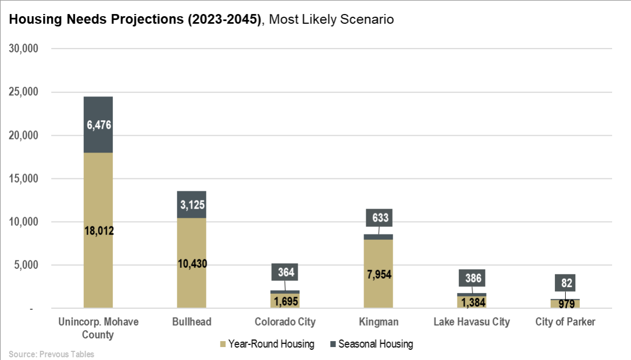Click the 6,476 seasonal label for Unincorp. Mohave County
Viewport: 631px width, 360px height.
tap(98, 125)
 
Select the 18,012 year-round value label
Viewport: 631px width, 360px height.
tap(99, 231)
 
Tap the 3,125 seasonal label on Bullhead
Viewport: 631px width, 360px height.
tap(191, 205)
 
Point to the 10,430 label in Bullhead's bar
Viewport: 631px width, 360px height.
tap(191, 264)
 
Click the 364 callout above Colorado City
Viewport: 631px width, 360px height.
tap(285, 272)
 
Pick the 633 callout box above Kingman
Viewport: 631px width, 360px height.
tap(379, 218)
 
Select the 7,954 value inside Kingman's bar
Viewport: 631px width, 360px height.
tap(378, 274)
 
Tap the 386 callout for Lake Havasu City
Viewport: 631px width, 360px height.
tap(472, 278)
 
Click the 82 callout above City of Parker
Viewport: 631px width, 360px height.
tap(565, 282)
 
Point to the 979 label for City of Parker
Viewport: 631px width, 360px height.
tap(565, 304)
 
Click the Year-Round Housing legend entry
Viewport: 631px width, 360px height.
tap(266, 344)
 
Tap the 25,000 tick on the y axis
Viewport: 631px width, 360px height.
tap(24, 92)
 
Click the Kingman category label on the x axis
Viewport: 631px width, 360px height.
tap(379, 322)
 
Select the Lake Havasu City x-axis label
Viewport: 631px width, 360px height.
tap(472, 322)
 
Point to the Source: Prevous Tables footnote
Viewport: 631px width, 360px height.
tap(51, 354)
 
